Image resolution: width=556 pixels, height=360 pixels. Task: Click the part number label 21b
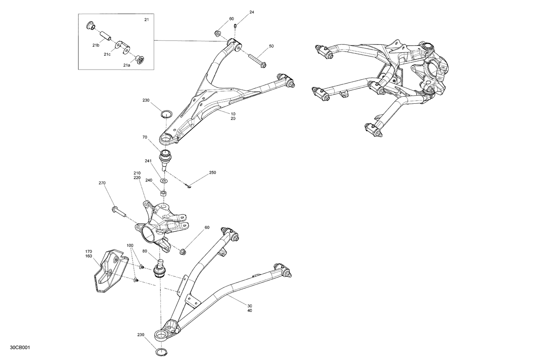[96, 45]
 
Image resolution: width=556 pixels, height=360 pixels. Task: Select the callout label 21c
[107, 54]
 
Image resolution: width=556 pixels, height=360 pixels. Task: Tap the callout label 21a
[127, 65]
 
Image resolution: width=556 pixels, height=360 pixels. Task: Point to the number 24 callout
[252, 12]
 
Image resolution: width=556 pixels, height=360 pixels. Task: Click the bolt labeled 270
[119, 213]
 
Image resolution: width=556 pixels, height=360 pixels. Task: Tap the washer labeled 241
[163, 181]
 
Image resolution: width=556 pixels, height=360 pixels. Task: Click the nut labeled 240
[163, 193]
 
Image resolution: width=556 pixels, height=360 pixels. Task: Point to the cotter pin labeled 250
[189, 186]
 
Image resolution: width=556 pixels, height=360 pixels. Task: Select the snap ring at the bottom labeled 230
[161, 351]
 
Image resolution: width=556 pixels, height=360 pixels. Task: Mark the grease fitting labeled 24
[236, 26]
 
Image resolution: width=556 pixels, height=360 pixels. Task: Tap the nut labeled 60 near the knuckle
[183, 252]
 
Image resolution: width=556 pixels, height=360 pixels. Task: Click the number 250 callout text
[212, 173]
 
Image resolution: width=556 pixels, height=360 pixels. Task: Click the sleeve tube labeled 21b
[105, 36]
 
